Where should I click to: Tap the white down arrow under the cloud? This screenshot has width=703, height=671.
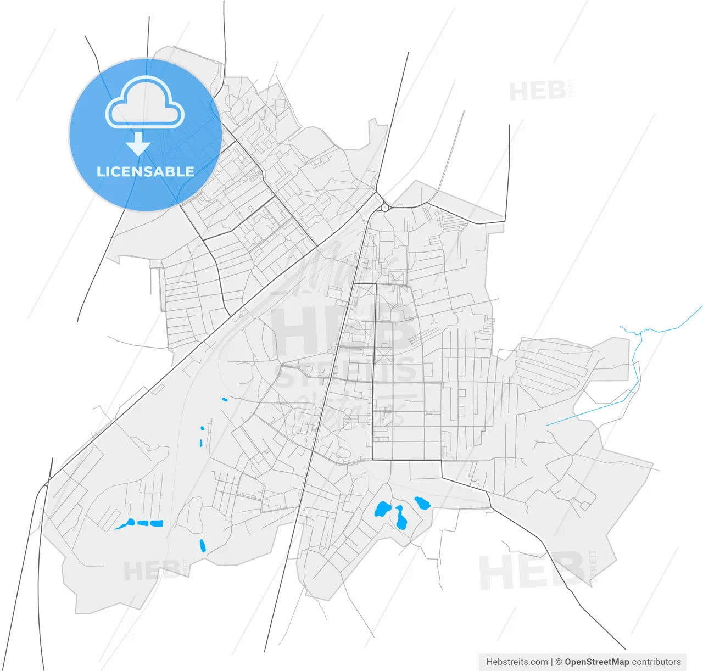point(138,144)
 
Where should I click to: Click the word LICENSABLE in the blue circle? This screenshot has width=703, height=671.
point(146,171)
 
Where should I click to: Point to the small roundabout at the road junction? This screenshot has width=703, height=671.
point(384,208)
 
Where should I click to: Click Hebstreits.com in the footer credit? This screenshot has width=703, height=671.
point(517,662)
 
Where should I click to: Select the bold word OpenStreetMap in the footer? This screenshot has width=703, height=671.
point(596,662)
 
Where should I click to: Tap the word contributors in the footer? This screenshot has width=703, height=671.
point(656,662)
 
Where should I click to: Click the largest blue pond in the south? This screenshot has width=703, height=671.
point(382,510)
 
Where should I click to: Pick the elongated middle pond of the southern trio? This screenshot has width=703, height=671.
point(400,518)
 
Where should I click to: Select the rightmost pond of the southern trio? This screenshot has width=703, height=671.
point(422,502)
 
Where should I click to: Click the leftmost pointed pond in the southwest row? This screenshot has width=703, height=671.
point(125,524)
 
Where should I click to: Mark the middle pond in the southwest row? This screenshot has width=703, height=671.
point(143,523)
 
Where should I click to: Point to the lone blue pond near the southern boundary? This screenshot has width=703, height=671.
point(202,545)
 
